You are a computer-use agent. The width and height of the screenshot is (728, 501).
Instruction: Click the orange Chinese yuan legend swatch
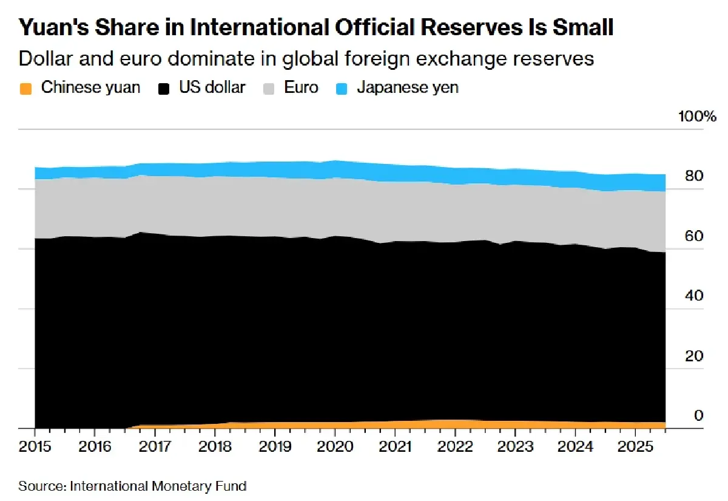(x=25, y=88)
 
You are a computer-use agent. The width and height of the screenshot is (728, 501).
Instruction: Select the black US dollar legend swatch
(x=163, y=88)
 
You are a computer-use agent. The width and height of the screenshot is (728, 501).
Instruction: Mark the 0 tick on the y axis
(x=698, y=416)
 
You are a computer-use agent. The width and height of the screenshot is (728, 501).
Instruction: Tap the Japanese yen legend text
(x=408, y=87)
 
